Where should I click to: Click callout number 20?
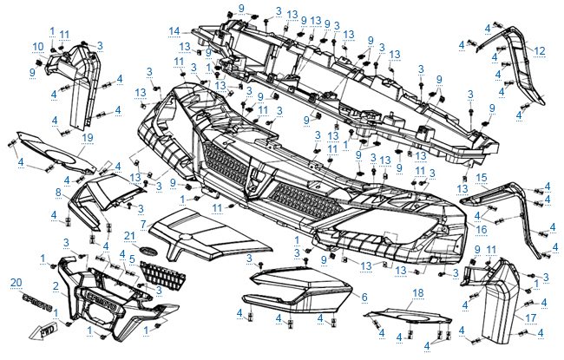pos(15,284)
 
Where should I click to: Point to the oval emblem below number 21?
pos(130,250)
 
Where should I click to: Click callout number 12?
pos(540,50)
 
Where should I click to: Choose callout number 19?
pos(87,138)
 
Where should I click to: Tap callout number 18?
pos(416,293)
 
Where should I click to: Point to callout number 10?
pos(38,46)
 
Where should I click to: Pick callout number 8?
pos(59,192)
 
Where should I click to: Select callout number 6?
pos(364,297)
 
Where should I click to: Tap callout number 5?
pos(131,259)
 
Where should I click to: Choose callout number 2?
pos(56,285)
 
